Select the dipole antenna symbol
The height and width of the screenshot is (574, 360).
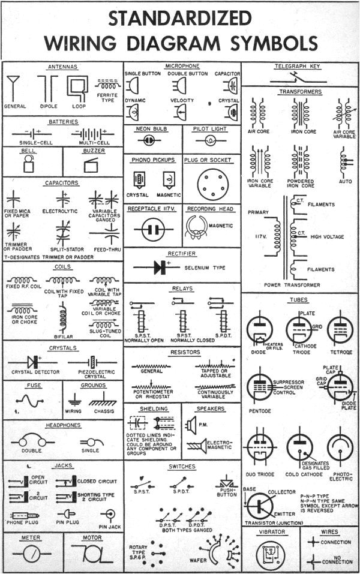[46, 90]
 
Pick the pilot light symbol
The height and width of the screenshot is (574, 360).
[211, 140]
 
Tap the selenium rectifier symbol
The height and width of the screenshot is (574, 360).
[160, 268]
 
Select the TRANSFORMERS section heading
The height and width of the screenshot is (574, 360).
[300, 92]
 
